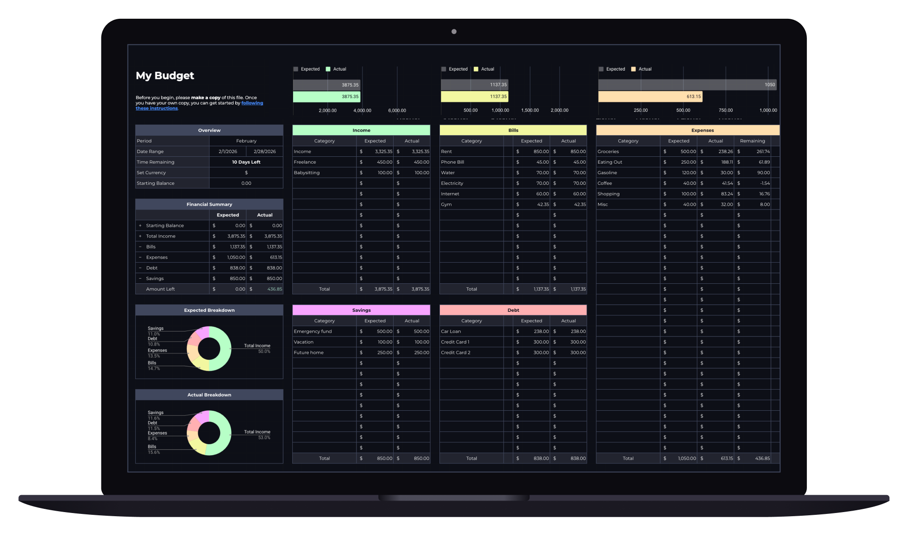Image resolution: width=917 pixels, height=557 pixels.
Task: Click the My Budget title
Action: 165,76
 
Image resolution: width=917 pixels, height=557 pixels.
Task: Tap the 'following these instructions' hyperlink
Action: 199,106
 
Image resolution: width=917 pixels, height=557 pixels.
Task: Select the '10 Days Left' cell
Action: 246,162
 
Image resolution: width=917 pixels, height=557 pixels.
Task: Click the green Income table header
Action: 361,130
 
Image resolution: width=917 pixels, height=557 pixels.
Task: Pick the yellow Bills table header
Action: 513,130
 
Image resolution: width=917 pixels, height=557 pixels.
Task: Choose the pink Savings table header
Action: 361,310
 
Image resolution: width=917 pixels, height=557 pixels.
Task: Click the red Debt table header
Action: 513,310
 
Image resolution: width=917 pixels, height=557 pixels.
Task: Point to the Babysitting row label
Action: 307,173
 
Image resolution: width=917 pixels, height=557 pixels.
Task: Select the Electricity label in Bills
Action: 452,183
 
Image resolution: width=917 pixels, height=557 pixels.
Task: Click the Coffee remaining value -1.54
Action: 765,183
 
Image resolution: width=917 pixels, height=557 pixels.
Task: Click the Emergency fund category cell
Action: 313,331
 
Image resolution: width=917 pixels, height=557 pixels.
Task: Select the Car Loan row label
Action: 451,331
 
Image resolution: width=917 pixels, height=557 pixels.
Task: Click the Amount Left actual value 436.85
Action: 275,289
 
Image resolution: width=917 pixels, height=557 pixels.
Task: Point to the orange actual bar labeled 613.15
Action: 650,97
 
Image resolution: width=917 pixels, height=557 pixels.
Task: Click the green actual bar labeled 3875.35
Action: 327,97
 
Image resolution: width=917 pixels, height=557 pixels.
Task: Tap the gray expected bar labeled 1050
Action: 687,85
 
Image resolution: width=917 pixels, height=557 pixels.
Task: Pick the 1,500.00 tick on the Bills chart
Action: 530,110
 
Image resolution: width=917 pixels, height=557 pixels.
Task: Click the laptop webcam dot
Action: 454,32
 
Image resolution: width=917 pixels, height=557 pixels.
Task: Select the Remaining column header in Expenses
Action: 752,141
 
